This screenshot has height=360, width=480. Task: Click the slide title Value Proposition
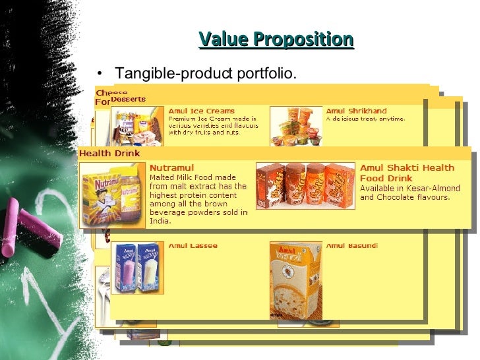[276, 40]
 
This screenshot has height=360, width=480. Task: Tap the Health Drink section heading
[109, 154]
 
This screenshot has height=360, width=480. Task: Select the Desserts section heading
[128, 99]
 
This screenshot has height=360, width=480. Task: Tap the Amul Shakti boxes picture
[305, 186]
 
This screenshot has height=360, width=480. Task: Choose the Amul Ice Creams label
[201, 111]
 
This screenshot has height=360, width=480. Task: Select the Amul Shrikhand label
[356, 111]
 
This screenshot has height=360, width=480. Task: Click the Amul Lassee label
[193, 246]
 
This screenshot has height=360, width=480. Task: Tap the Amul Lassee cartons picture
[136, 267]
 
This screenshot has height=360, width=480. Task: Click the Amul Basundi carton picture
[296, 280]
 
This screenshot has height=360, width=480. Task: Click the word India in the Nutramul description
[160, 221]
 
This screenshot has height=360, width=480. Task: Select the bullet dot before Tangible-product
[100, 73]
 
